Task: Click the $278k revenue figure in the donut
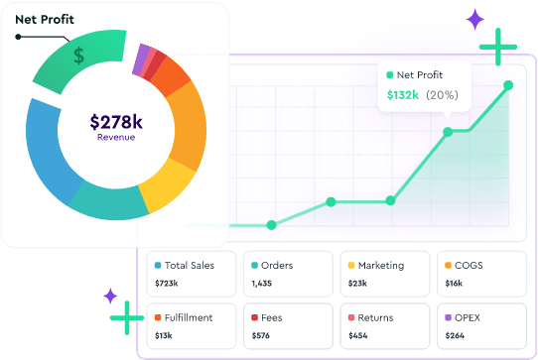coord(116,122)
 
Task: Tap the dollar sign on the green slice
coord(78,56)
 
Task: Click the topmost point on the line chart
coord(508,85)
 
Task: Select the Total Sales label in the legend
coord(189,266)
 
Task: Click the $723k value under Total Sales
coord(168,284)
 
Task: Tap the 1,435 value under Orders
coord(262,284)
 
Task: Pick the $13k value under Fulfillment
coord(165,335)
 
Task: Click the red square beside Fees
coord(254,318)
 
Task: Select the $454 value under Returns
coord(357,335)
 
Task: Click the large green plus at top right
coord(497,47)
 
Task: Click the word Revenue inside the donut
coord(116,138)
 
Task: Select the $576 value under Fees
coord(261,335)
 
